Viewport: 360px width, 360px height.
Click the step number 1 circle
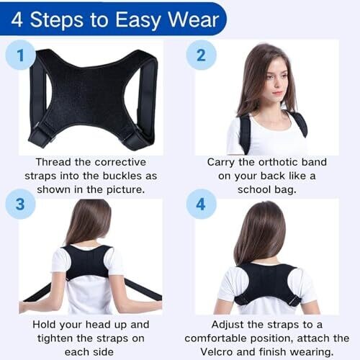[x=20, y=55]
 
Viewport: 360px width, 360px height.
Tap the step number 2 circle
[x=201, y=55]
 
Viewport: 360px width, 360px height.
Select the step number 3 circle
[x=20, y=204]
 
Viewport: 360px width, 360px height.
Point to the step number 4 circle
[x=201, y=204]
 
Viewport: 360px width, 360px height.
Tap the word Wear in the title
[x=194, y=19]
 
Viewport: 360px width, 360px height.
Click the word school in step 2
[x=254, y=189]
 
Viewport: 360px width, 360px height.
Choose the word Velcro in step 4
[x=217, y=352]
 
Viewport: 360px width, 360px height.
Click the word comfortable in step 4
[x=216, y=338]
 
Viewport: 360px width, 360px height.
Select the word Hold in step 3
[x=45, y=325]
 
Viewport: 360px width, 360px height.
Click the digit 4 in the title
[x=17, y=19]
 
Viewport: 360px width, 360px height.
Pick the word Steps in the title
[x=57, y=20]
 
